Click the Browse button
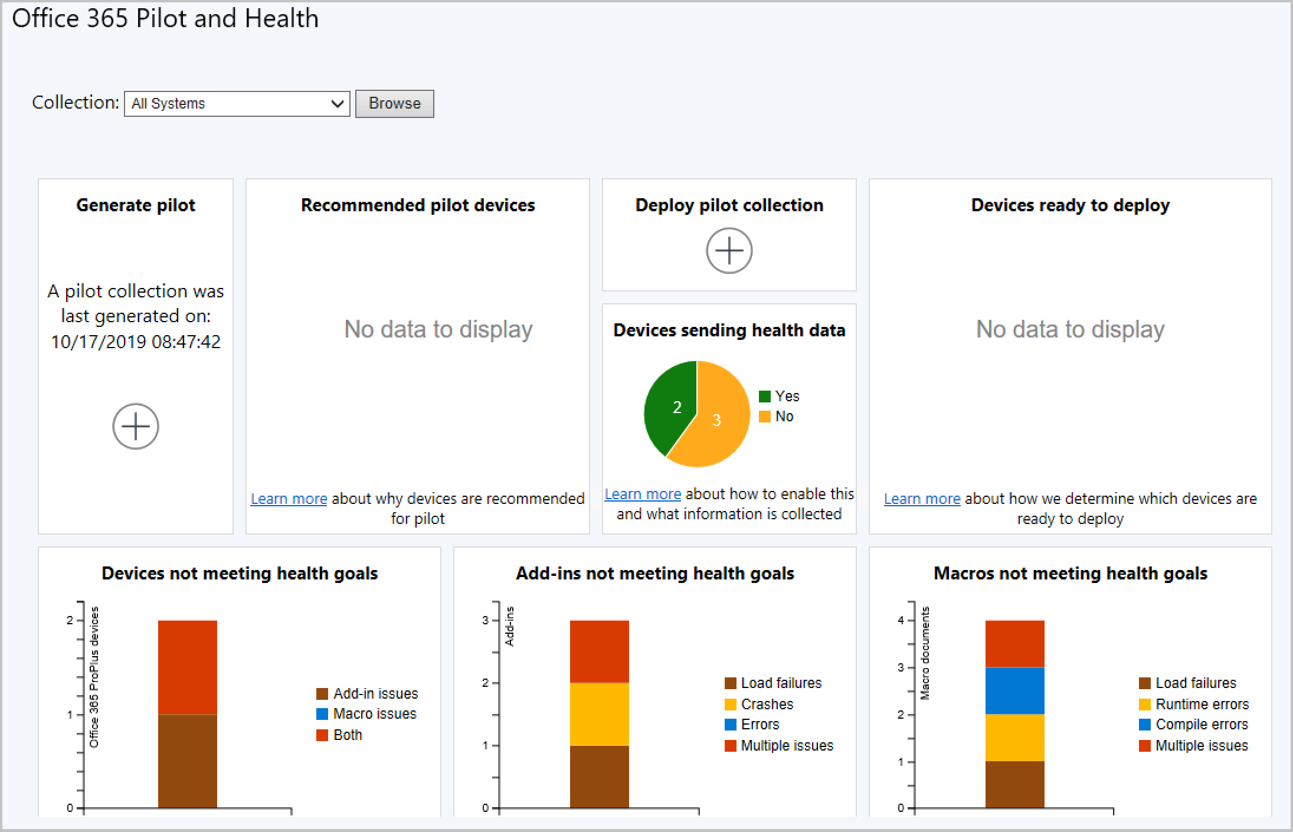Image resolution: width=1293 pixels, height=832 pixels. (x=394, y=104)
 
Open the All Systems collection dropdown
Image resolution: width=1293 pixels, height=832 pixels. (x=237, y=104)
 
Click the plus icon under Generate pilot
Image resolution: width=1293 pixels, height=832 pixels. (x=136, y=426)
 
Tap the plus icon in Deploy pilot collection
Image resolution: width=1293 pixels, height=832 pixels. (x=729, y=251)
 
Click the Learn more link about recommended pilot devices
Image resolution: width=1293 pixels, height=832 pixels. (x=289, y=499)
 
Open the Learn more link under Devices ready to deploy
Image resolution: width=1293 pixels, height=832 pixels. (x=922, y=499)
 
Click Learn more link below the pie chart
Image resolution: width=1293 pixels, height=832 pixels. (x=643, y=494)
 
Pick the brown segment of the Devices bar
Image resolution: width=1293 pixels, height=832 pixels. (x=188, y=761)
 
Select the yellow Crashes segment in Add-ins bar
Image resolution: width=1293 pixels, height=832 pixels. (x=599, y=714)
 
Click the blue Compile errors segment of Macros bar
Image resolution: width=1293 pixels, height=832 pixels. (x=1014, y=690)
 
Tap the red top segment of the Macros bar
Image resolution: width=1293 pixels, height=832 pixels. (x=1014, y=644)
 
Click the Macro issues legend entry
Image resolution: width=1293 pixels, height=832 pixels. (x=374, y=714)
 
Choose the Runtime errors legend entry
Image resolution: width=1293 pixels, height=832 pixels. (x=1202, y=704)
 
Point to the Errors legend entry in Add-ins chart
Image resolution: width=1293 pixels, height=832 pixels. (x=760, y=725)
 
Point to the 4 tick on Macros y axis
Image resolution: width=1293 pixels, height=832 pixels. (x=901, y=620)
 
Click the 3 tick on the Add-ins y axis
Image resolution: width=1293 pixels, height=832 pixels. (x=486, y=620)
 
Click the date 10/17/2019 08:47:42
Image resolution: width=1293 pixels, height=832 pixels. (x=136, y=342)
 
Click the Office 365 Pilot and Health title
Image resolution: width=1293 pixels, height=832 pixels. (x=165, y=18)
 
